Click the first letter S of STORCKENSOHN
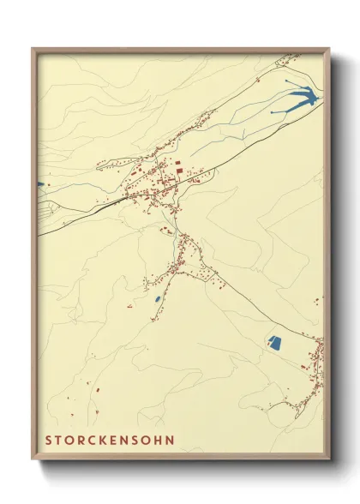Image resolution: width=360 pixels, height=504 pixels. click(50, 441)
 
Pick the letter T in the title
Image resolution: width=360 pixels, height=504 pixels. click(61, 441)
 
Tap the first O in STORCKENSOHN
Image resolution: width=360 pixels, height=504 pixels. click(72, 441)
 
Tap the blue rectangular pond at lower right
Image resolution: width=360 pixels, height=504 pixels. click(274, 343)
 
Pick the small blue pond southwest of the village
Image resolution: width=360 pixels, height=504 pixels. click(157, 298)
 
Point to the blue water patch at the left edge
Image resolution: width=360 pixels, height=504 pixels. click(40, 183)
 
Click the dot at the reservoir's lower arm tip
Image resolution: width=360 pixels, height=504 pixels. click(273, 112)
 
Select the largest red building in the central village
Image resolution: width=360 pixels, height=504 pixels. click(179, 172)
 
